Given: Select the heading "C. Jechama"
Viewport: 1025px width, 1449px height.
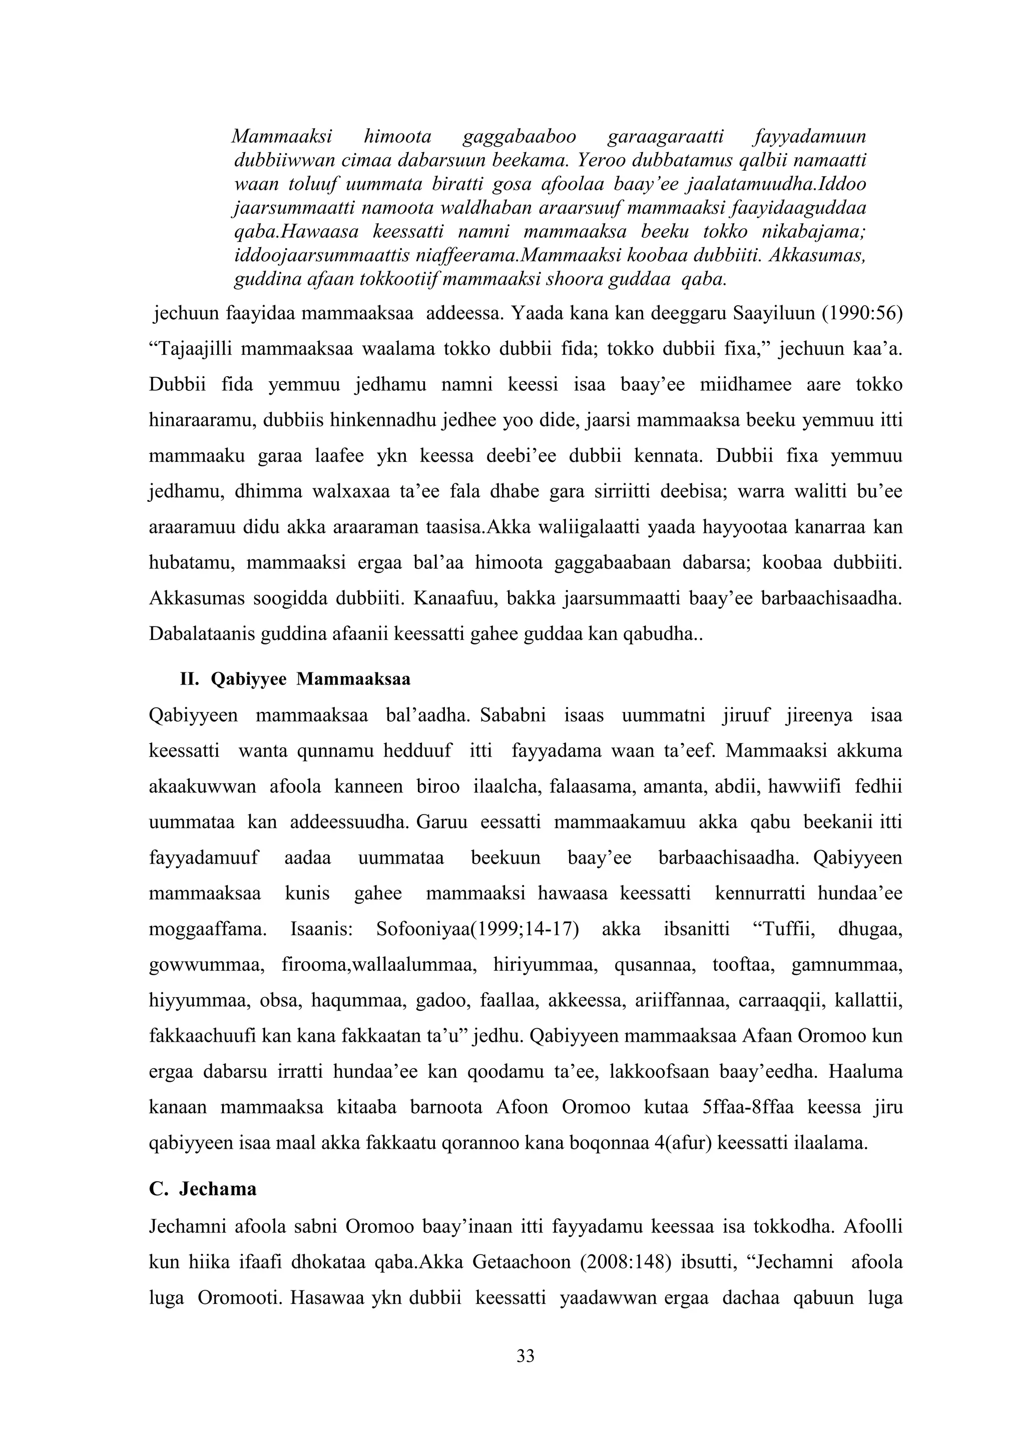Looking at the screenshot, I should coord(203,1189).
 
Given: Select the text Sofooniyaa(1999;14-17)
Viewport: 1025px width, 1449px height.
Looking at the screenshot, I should coord(478,930).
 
